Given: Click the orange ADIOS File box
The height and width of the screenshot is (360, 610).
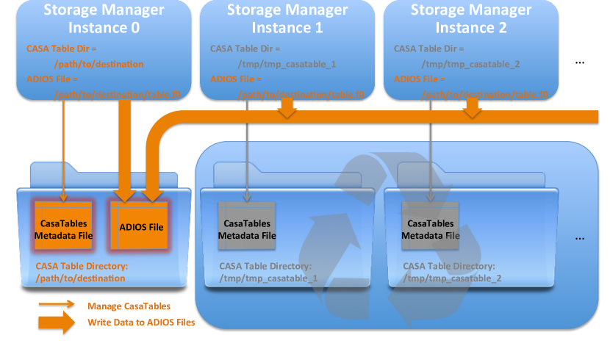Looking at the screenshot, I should click(x=141, y=227).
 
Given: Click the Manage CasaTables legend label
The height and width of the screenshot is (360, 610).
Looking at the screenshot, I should click(x=129, y=306).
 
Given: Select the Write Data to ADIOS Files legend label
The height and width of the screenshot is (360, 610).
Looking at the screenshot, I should click(x=141, y=322).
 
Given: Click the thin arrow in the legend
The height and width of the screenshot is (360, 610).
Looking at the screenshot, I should click(x=57, y=305).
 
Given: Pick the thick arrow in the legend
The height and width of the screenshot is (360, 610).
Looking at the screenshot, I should click(x=57, y=322).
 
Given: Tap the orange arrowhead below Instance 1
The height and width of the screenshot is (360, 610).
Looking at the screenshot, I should click(x=287, y=111).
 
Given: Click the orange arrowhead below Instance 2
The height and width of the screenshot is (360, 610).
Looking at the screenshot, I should click(x=470, y=111).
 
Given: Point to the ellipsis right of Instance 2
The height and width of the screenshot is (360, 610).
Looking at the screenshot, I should click(x=579, y=63).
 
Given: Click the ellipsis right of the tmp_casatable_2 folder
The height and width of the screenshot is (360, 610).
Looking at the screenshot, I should click(x=579, y=239).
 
